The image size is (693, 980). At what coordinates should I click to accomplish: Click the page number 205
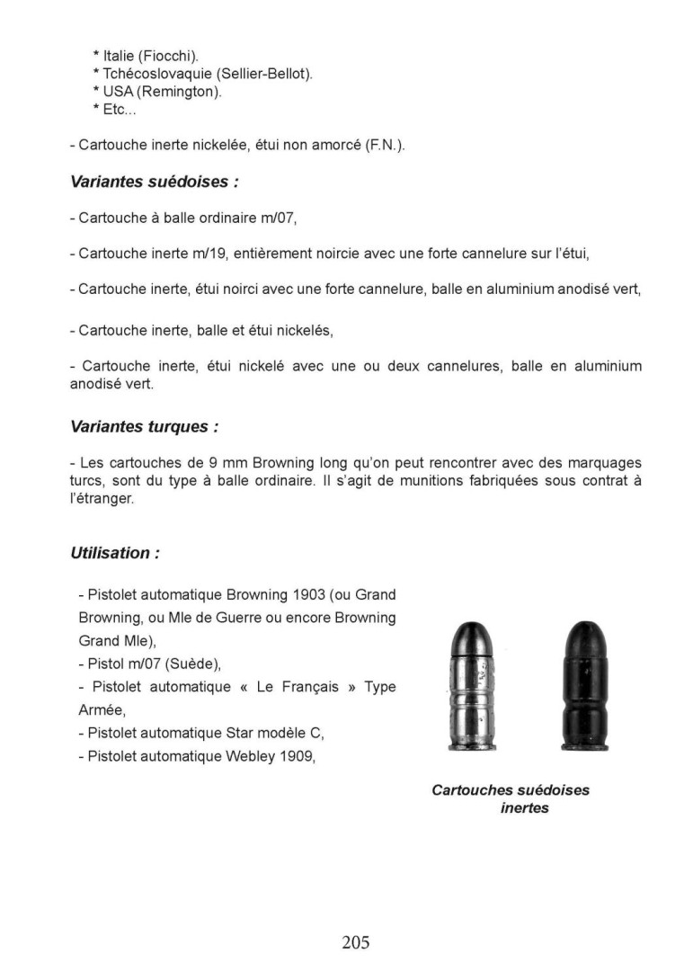[355, 942]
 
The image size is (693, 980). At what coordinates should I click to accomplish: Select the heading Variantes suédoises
[154, 182]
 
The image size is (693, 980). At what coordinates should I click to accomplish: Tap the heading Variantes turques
[144, 426]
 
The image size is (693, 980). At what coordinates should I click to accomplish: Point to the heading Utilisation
[114, 553]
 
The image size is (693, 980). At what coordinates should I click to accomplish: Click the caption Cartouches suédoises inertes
[511, 799]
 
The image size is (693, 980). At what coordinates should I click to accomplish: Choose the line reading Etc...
[113, 109]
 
